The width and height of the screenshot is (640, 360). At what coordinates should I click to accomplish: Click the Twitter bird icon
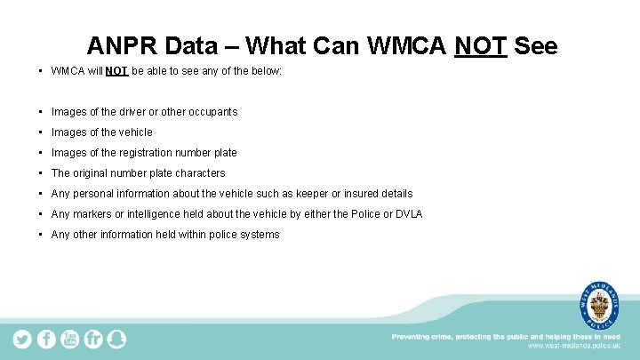pos(22,339)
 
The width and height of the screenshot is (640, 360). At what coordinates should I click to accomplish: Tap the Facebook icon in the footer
pos(46,339)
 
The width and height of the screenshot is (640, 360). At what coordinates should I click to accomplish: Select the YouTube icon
pos(69,339)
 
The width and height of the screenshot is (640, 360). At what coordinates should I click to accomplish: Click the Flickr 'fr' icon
pos(92,339)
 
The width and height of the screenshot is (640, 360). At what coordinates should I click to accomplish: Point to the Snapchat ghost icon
pos(116,339)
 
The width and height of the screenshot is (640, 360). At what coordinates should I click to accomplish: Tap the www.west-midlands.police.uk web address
pos(574,347)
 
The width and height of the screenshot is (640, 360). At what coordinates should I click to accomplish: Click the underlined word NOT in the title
pos(480,45)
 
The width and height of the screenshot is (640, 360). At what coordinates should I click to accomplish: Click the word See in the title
pos(536,45)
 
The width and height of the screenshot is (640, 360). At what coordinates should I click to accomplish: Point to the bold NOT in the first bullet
pos(116,70)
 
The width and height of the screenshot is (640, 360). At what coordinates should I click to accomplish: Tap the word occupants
pos(211,112)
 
